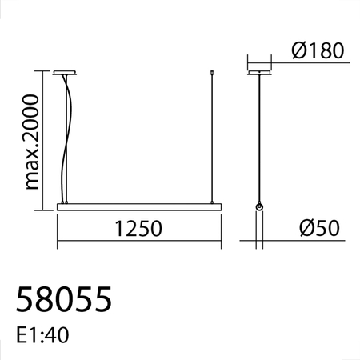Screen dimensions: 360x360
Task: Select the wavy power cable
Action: tap(69, 136)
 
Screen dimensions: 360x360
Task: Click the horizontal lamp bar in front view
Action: tap(137, 206)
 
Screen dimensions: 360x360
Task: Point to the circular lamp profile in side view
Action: tap(259, 207)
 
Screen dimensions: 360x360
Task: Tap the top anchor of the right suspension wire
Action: tap(210, 74)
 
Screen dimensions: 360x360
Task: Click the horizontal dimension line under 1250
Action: tap(137, 240)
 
